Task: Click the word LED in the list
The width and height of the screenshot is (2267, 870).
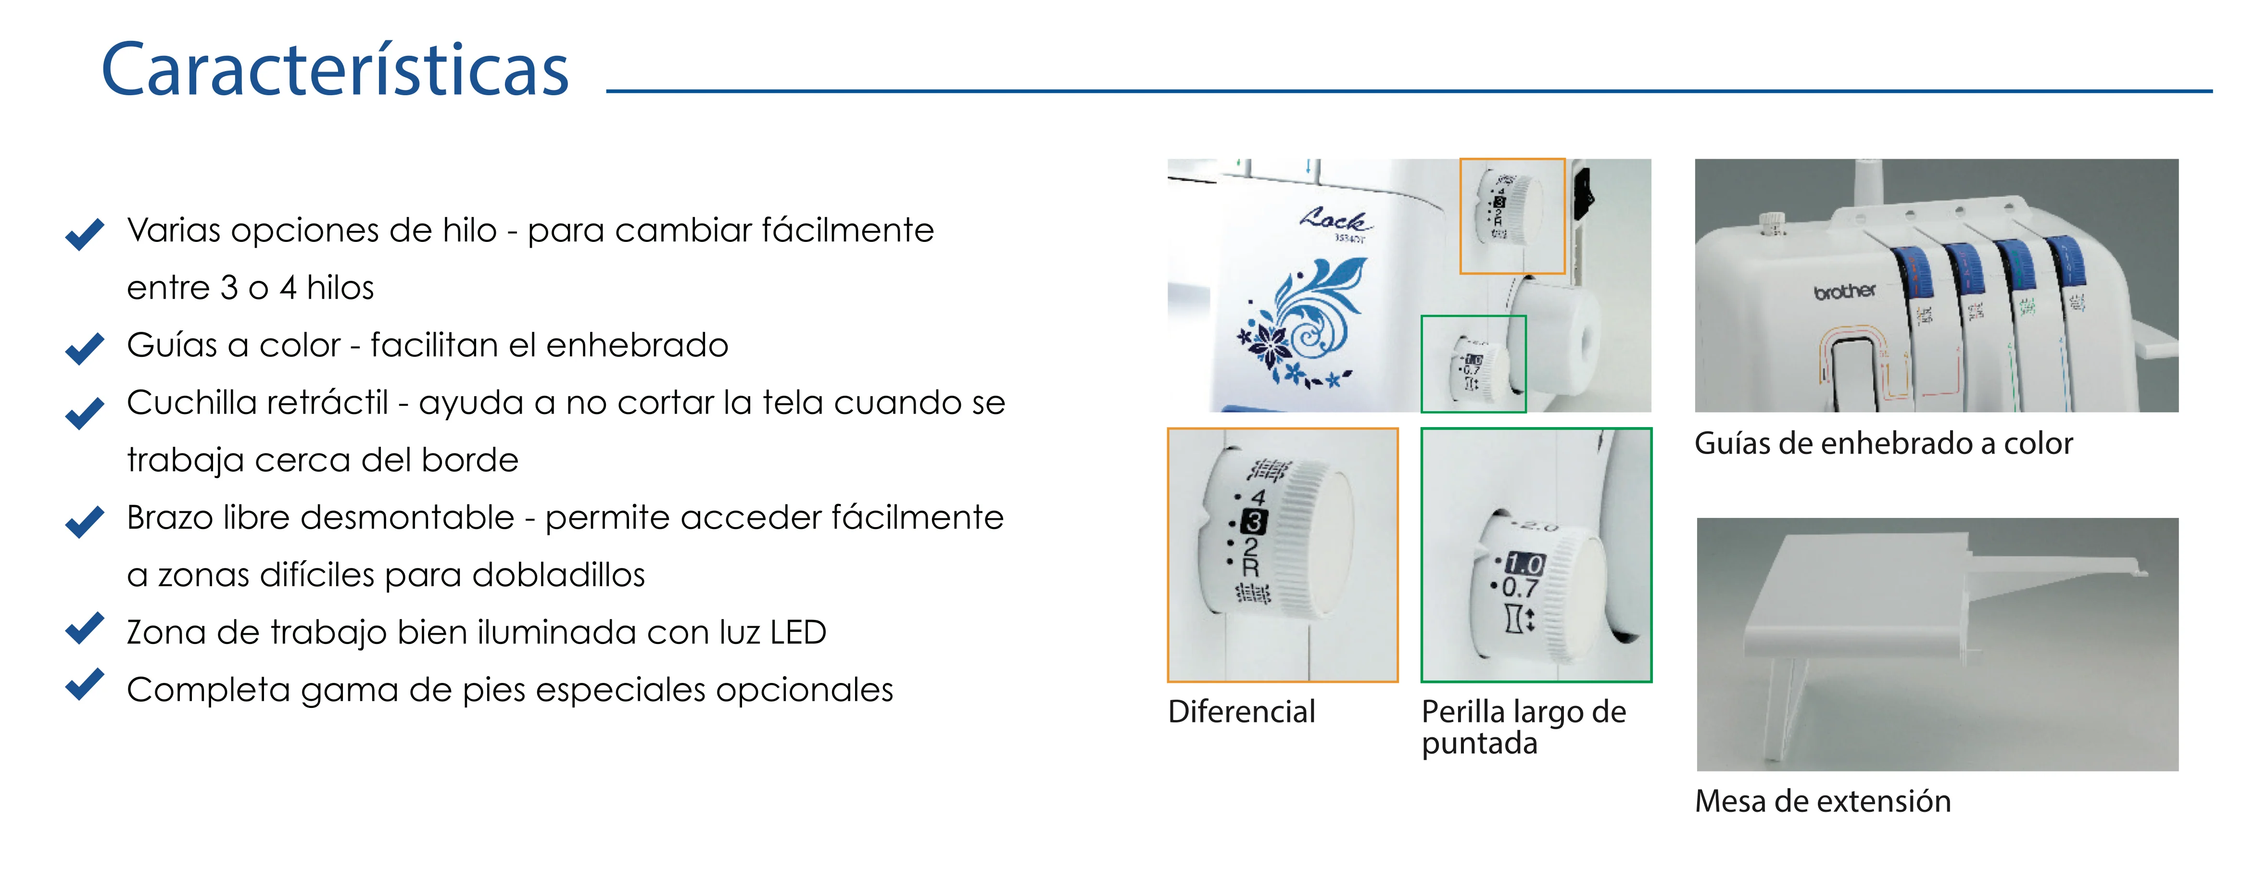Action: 797,632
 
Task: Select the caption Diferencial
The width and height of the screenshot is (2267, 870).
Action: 1241,712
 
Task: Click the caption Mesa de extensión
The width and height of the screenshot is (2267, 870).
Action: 1823,801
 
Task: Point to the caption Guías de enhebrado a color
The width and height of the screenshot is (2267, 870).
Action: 1883,443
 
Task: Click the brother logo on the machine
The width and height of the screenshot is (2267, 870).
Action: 1845,291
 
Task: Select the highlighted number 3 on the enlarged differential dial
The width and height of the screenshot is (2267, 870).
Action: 1253,522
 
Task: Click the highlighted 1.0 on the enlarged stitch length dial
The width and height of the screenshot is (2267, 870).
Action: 1524,564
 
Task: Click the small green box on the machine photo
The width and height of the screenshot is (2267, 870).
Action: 1473,363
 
